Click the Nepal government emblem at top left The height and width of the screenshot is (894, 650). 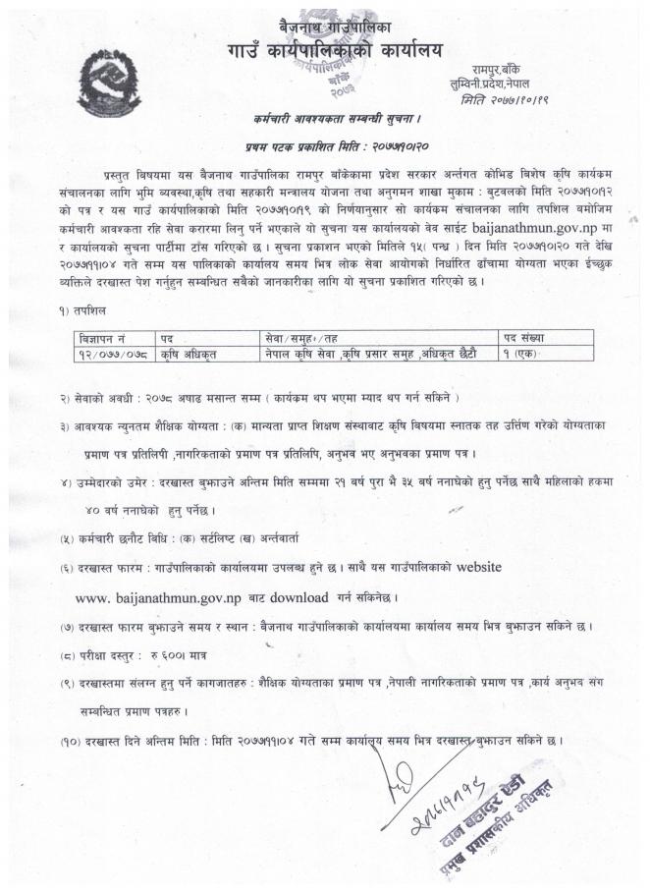[x=109, y=89]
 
